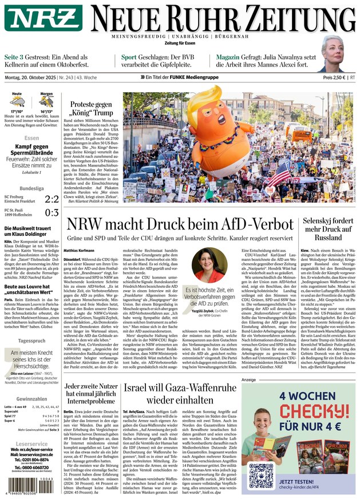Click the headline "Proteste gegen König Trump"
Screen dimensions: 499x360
click(90, 109)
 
